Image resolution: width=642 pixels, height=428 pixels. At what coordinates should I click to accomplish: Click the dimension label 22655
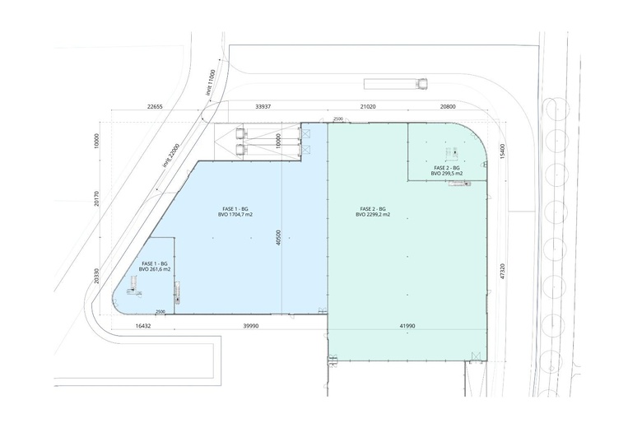pos(155,106)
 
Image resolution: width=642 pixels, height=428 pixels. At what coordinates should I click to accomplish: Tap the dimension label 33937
pos(263,106)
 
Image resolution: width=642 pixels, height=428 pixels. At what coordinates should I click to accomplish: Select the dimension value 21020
pos(368,106)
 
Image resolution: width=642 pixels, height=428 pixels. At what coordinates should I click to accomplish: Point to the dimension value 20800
pos(448,106)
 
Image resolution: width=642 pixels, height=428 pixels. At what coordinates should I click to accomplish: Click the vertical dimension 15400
pos(502,151)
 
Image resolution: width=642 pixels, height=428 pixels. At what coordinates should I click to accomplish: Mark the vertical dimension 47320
pos(502,271)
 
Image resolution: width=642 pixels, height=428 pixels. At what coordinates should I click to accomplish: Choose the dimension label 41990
pos(407,326)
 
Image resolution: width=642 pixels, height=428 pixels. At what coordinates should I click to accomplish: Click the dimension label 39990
pos(250,326)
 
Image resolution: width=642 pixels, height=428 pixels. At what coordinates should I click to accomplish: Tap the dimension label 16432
pos(143,326)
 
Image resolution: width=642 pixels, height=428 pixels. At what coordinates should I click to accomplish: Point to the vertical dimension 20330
pos(96,276)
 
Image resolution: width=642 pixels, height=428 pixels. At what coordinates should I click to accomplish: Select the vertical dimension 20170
pos(96,198)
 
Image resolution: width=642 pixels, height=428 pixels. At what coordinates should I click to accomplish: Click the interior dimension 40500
pos(278,238)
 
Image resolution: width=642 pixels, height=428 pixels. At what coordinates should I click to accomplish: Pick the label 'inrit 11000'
pos(211,82)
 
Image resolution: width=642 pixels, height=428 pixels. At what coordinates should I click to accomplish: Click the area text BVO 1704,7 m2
pos(235,214)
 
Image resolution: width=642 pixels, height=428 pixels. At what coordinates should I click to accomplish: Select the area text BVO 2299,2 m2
pos(373,214)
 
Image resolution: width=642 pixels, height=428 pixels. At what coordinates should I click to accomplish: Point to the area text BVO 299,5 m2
pos(447,173)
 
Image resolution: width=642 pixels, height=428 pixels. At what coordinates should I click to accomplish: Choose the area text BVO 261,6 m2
pos(155,269)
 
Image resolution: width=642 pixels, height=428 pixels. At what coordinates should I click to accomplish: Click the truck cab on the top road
pos(421,84)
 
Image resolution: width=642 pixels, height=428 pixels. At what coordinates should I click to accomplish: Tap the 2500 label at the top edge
pos(338,119)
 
